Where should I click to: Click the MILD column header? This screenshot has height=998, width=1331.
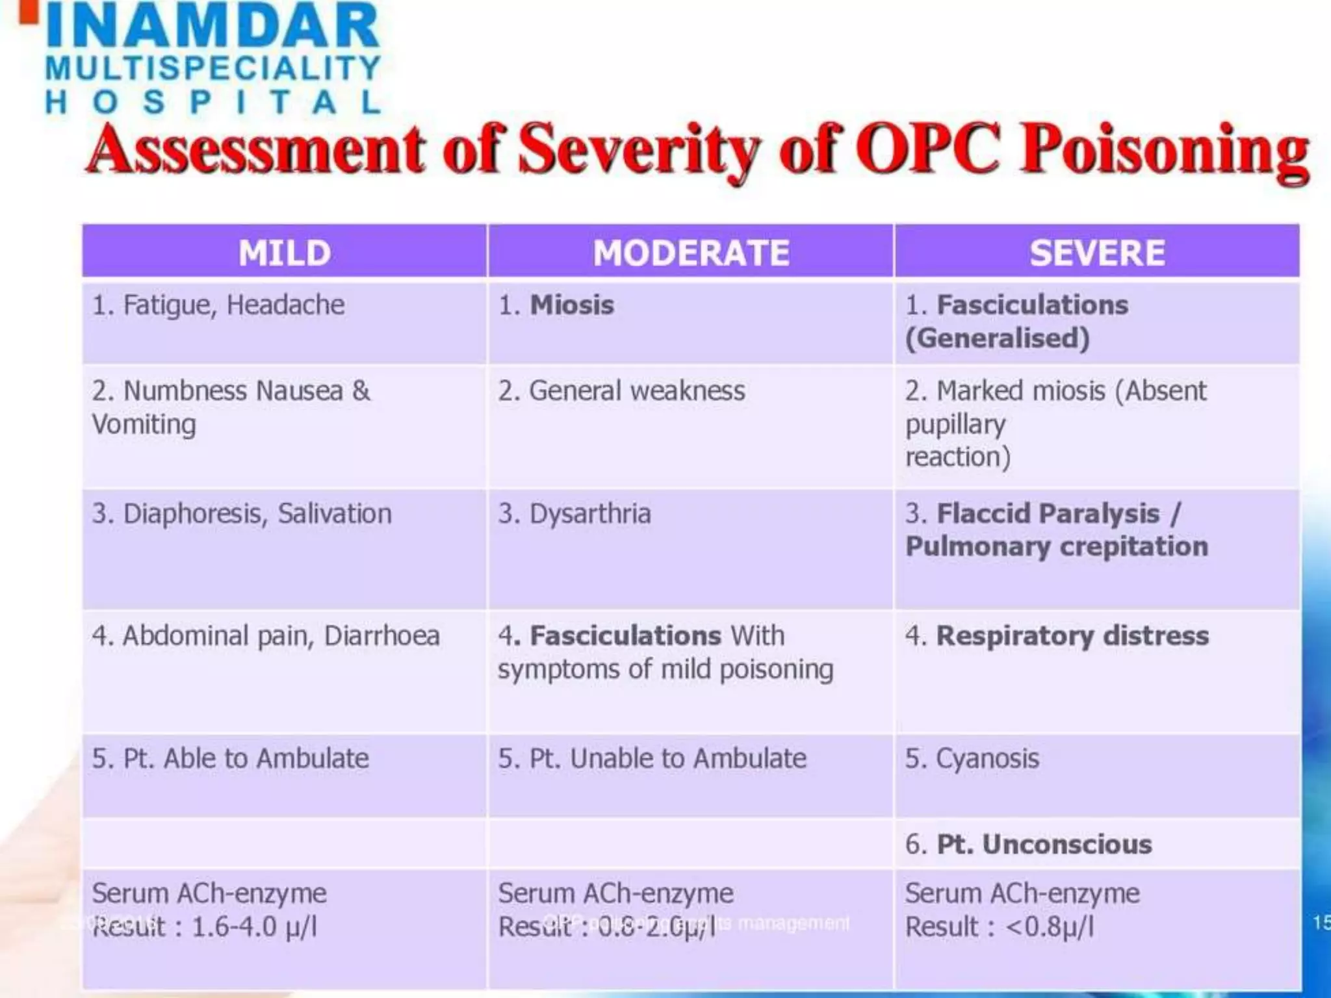[x=284, y=252]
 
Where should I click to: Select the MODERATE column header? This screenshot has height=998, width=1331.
[x=690, y=252]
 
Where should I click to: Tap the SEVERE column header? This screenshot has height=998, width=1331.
[x=1096, y=252]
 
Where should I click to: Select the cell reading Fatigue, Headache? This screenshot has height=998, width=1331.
[x=218, y=305]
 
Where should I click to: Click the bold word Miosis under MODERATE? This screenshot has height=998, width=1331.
[x=572, y=305]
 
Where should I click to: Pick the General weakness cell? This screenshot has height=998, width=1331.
[x=622, y=391]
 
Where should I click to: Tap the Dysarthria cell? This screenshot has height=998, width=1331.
[x=575, y=514]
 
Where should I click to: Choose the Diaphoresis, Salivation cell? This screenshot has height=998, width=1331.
[x=242, y=514]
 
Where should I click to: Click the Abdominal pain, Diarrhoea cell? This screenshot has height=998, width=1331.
[x=266, y=636]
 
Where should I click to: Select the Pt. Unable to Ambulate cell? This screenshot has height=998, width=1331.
[x=652, y=759]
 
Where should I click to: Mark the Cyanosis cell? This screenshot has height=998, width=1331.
[x=972, y=759]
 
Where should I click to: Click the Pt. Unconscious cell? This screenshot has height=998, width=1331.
[x=1029, y=845]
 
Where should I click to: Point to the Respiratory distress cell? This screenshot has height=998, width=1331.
[x=1057, y=636]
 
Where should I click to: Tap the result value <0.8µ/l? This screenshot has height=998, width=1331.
[x=1050, y=927]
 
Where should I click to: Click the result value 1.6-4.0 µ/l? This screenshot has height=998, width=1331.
[x=254, y=927]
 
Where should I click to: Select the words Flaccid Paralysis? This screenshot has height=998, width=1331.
[x=1048, y=514]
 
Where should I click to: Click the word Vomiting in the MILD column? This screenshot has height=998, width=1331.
[x=144, y=425]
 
